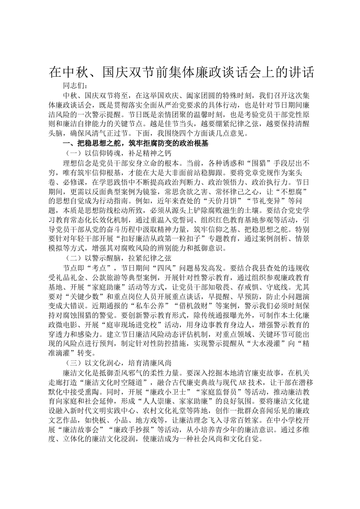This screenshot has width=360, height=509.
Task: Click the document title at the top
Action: [x=182, y=73]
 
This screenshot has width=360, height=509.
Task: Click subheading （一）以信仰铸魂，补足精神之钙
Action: [x=117, y=153]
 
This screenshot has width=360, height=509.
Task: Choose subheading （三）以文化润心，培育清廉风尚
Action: [x=117, y=363]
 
